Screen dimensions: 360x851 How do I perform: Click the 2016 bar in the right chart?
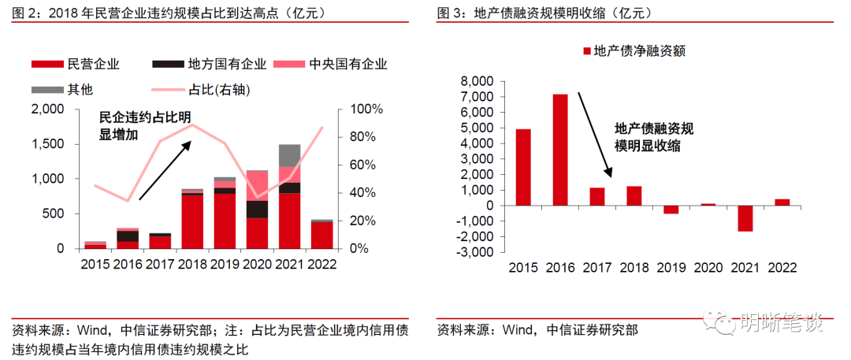tap(559, 150)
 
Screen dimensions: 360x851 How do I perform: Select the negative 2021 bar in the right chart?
tap(745, 218)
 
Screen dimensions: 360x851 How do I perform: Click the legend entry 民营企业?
tap(69, 65)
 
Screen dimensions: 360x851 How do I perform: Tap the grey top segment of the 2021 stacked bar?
tap(289, 155)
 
